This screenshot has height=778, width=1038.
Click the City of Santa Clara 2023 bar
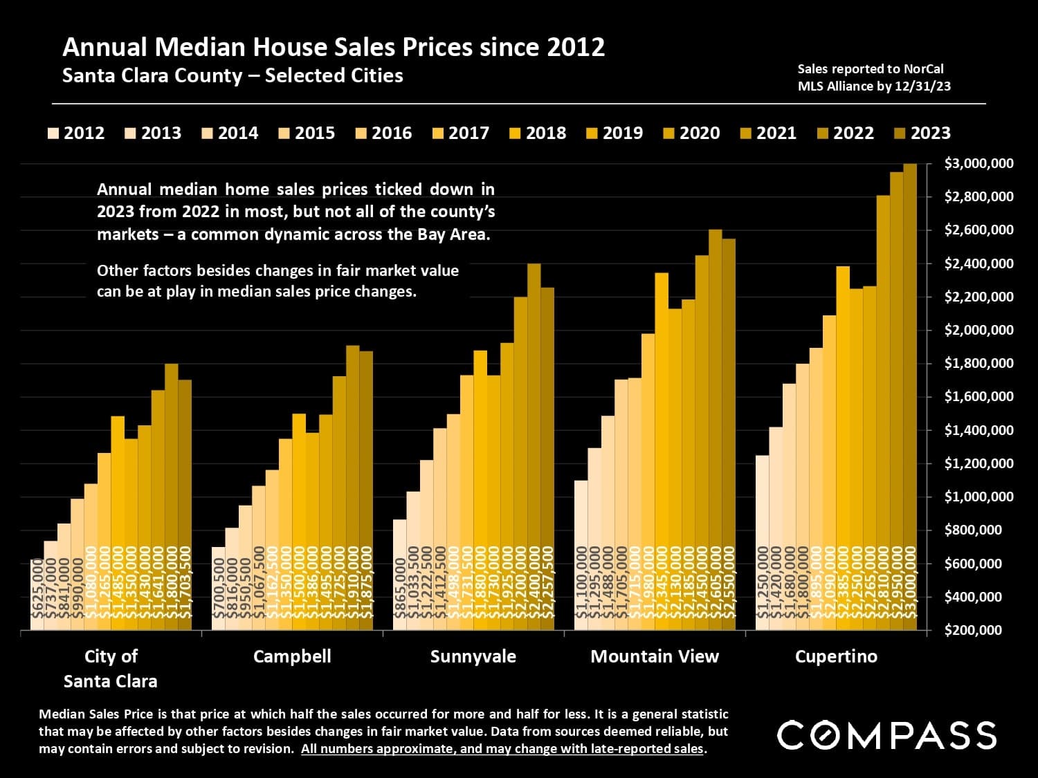coord(185,505)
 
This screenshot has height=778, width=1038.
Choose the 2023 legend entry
coord(923,133)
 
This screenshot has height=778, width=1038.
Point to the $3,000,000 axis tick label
coord(978,164)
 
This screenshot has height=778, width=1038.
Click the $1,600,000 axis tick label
coord(978,396)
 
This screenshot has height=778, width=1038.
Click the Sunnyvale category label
coord(473,656)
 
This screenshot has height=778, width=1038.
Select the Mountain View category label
coord(655,656)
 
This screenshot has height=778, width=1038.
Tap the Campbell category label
coord(292,656)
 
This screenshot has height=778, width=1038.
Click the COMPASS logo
coord(886,735)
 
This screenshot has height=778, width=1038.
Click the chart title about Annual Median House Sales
coord(334,47)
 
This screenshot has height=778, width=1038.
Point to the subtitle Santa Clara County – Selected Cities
coord(233,75)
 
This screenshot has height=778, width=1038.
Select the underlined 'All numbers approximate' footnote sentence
coord(502,748)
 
